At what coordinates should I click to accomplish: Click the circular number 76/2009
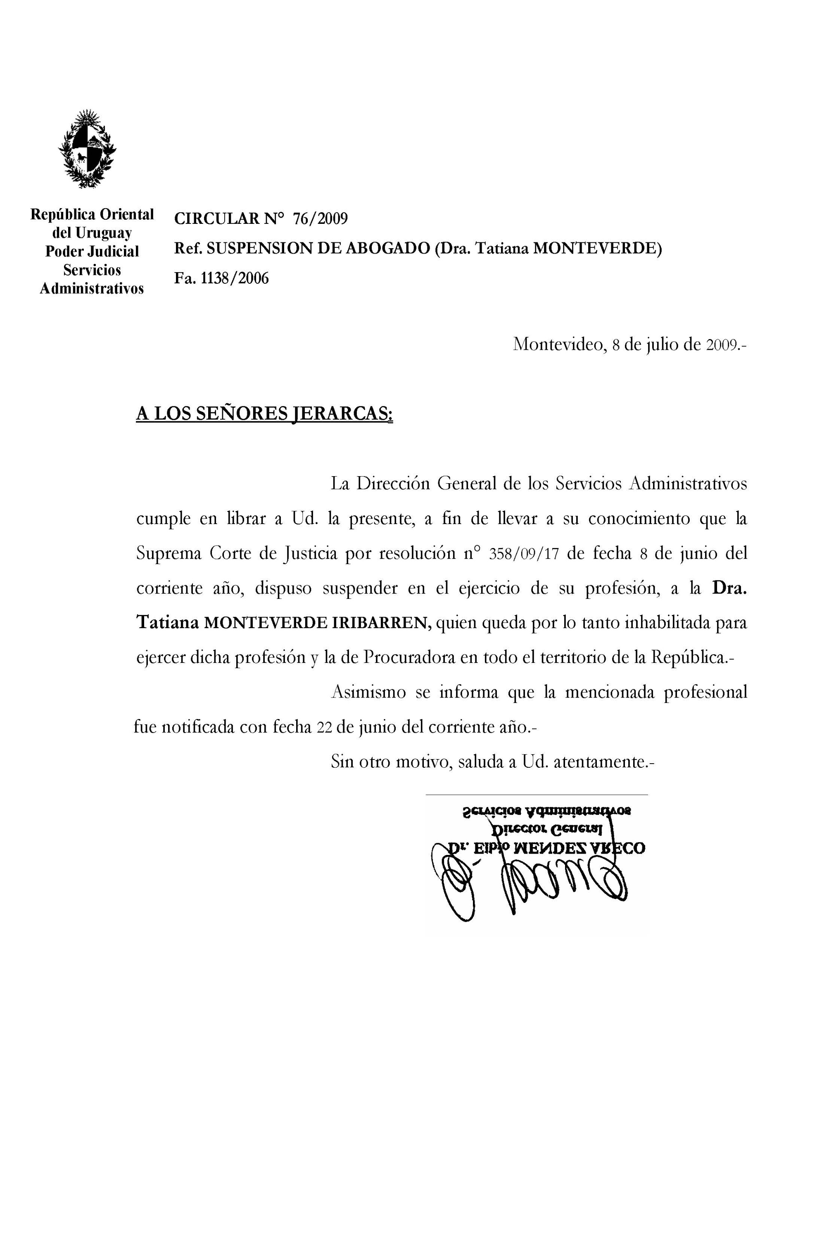click(319, 218)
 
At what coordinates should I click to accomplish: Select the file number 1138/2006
click(235, 278)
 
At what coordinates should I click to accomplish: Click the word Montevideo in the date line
click(558, 344)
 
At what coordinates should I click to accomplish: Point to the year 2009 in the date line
click(721, 345)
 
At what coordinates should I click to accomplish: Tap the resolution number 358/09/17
click(524, 553)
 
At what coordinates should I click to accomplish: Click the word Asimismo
click(368, 693)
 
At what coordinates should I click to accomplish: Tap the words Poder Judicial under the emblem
click(92, 251)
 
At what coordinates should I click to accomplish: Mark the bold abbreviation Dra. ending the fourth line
click(729, 588)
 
